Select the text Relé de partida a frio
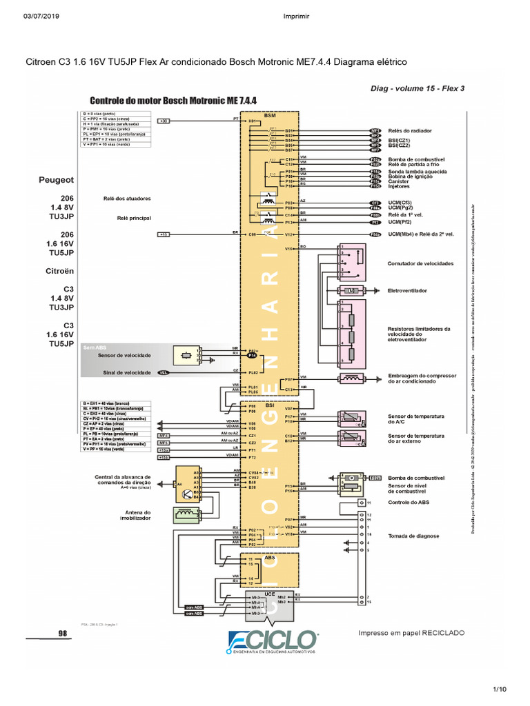pyautogui.click(x=413, y=164)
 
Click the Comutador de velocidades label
pyautogui.click(x=420, y=264)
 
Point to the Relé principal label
pyautogui.click(x=134, y=218)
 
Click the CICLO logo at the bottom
pyautogui.click(x=273, y=640)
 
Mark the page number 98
pyautogui.click(x=62, y=632)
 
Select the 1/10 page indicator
pyautogui.click(x=500, y=689)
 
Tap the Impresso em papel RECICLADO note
pyautogui.click(x=411, y=633)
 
